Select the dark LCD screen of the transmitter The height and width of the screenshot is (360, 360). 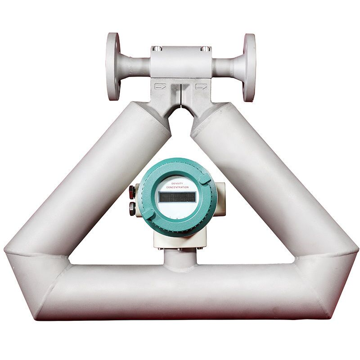pos(176,197)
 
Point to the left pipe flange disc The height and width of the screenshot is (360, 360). pos(113,67)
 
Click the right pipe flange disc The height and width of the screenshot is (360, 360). pos(249,67)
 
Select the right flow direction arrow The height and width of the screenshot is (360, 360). pos(202,86)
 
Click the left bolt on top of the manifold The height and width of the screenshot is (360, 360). pos(156,48)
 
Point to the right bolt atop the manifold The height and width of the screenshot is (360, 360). pos(205,48)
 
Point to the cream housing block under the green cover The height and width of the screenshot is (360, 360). pos(180,238)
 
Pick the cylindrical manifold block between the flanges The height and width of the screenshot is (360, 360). pos(180,63)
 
